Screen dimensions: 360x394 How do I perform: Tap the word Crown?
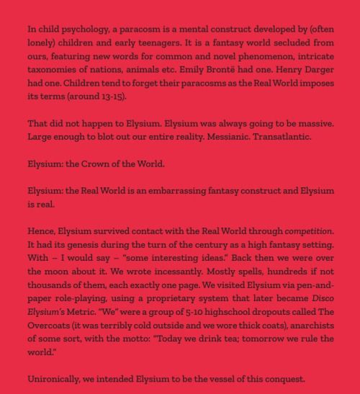pos(99,164)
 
